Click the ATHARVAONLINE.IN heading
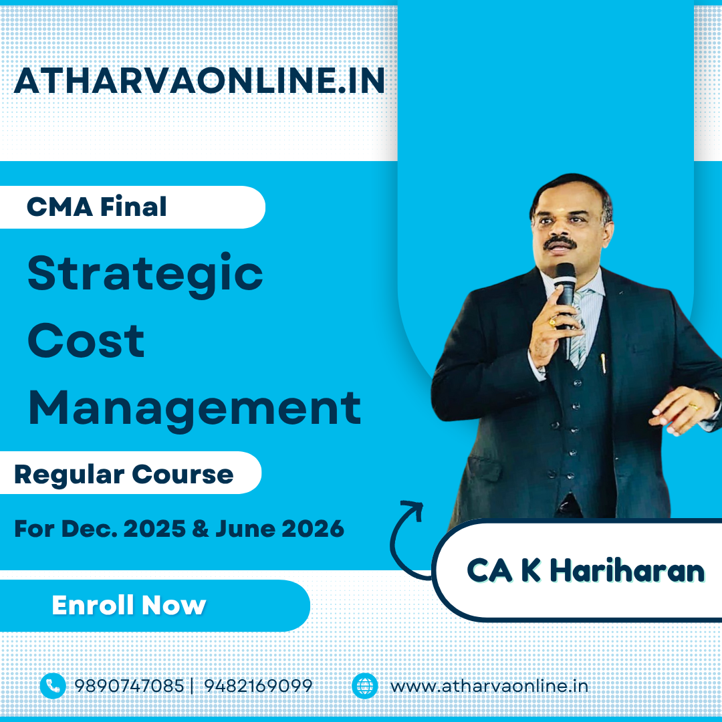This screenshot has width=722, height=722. click(199, 81)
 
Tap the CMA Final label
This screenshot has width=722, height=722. click(97, 207)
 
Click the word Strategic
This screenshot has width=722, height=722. click(145, 275)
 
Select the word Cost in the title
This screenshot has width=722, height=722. click(86, 340)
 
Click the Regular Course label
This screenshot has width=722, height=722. click(124, 474)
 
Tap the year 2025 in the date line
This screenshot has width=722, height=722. click(154, 529)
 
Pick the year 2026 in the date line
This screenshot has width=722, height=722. click(313, 529)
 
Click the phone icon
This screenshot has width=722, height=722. click(53, 686)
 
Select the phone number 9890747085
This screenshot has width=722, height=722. click(129, 686)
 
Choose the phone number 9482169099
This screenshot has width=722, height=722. click(258, 686)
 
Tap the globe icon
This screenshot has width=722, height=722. click(365, 686)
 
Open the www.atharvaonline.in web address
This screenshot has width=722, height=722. click(489, 686)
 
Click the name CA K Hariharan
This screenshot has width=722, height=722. click(586, 570)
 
